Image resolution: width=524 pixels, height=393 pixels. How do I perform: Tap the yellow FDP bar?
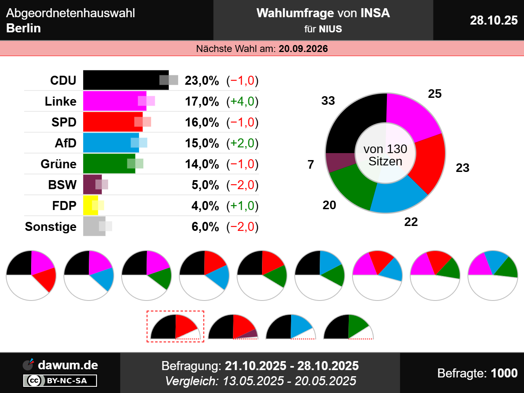89,206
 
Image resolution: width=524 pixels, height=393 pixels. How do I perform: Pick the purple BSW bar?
91,185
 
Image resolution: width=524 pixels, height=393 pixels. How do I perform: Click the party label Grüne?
59,164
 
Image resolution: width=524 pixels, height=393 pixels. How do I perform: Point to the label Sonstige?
51,227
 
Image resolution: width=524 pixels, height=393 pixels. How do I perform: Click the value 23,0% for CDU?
202,81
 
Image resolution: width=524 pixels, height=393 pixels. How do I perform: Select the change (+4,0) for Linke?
242,102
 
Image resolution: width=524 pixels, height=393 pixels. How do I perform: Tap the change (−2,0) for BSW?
242,185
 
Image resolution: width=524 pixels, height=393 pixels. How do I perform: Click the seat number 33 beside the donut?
328,101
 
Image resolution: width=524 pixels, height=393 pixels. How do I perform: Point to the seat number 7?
311,165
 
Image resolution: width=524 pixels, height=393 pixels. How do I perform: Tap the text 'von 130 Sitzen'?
385,155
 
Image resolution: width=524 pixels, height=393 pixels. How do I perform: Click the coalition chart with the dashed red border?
176,326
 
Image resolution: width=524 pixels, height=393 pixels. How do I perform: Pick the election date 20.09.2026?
303,49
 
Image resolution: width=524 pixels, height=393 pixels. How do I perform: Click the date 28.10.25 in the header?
493,20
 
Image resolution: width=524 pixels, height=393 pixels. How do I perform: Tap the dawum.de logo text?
68,365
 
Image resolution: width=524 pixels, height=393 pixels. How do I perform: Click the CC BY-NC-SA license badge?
60,381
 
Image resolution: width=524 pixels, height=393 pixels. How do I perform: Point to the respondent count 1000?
504,373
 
